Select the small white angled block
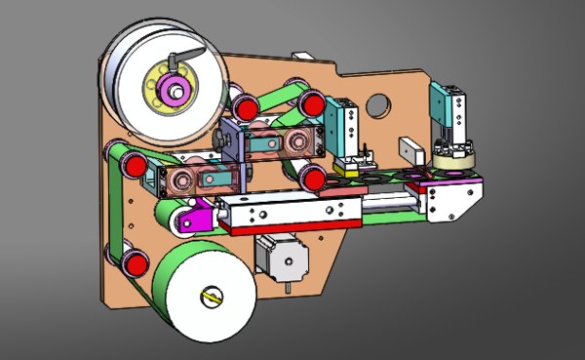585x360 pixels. [x=410, y=151]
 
